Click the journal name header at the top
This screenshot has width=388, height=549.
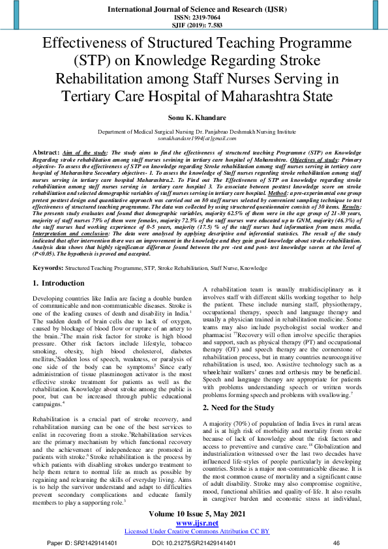click(x=194, y=10)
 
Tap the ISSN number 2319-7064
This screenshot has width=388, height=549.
click(x=194, y=19)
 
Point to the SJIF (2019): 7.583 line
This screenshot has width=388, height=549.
click(x=194, y=27)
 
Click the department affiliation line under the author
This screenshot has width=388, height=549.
click(x=194, y=132)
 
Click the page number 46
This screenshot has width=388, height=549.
click(x=336, y=542)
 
